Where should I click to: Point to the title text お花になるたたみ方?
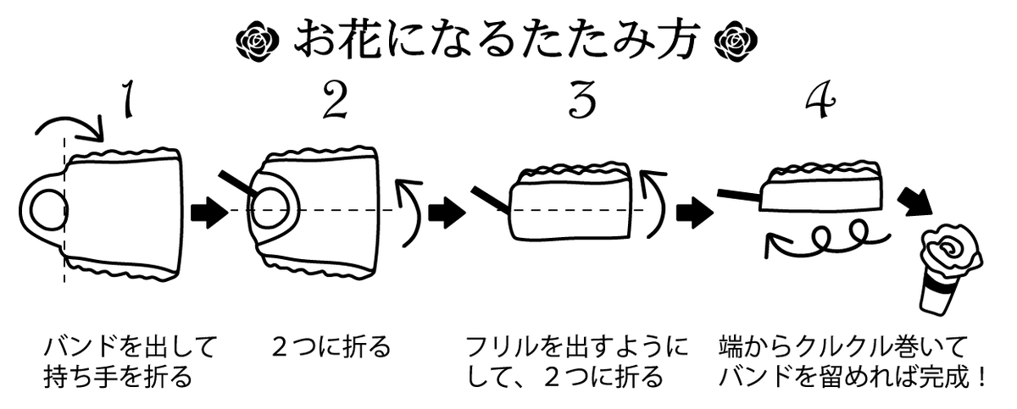(x=496, y=39)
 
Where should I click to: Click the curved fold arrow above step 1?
(x=71, y=127)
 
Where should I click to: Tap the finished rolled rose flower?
(x=949, y=253)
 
